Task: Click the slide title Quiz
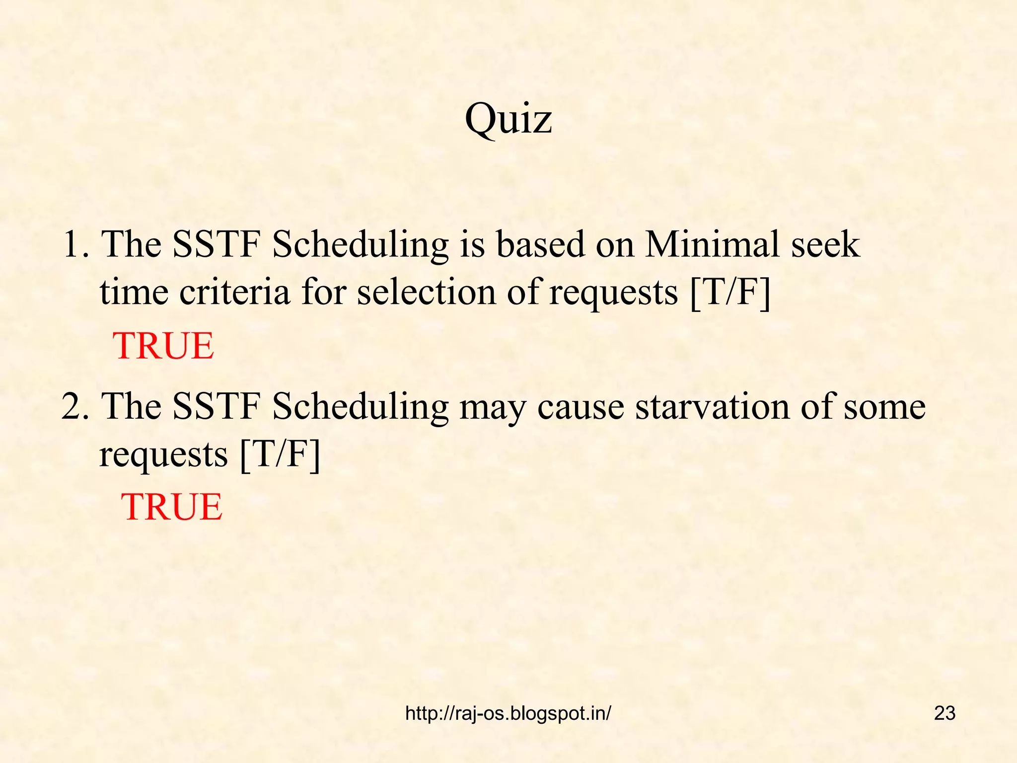(508, 119)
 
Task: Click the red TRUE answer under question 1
(163, 346)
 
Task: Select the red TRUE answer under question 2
(172, 507)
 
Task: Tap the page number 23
(944, 713)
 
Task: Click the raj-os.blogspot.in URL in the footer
(508, 713)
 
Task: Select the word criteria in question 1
(234, 292)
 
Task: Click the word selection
(427, 292)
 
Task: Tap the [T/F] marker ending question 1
(730, 292)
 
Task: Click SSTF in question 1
(217, 244)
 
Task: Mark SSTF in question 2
(217, 406)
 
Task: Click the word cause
(581, 407)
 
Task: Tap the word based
(541, 244)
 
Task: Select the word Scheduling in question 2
(361, 407)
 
